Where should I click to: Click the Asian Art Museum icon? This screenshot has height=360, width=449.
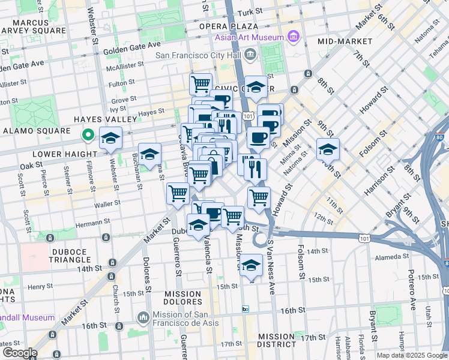pos(294,38)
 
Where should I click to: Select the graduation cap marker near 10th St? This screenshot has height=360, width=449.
pos(328,149)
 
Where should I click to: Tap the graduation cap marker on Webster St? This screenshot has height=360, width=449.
pos(110,138)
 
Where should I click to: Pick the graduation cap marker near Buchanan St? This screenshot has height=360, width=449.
pos(149,154)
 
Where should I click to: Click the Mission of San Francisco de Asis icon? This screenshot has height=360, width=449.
pos(143,316)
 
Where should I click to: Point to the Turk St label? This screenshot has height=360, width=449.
pos(249,11)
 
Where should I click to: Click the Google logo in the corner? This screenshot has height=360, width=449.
pos(19,353)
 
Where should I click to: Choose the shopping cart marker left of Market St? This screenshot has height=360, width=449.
pos(178,193)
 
